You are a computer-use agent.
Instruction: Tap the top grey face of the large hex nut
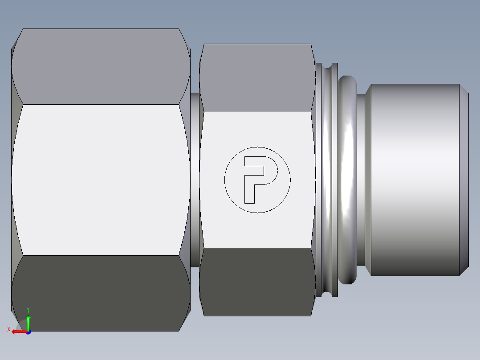100,67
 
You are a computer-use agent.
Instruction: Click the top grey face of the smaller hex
257,78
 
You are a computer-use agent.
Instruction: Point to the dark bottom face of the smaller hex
257,282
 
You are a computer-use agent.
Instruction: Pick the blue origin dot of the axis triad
28,332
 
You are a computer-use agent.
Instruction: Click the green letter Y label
28,310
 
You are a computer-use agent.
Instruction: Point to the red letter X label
8,330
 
